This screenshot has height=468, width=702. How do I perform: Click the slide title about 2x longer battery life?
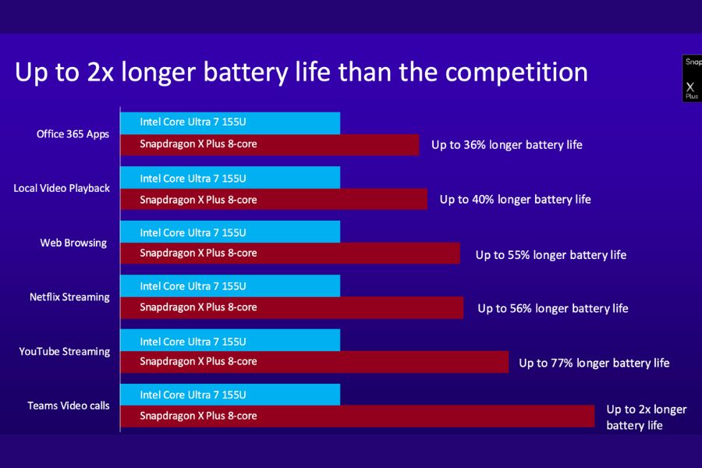pyautogui.click(x=301, y=73)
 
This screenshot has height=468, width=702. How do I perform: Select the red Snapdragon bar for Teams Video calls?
pyautogui.click(x=357, y=416)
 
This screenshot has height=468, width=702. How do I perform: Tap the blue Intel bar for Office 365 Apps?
pyautogui.click(x=230, y=122)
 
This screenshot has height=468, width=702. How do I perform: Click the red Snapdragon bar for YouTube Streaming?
pyautogui.click(x=314, y=362)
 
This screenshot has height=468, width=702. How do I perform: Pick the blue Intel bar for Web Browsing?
pyautogui.click(x=230, y=232)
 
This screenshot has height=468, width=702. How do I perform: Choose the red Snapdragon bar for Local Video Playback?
pyautogui.click(x=274, y=200)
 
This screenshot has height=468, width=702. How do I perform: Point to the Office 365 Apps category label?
pyautogui.click(x=73, y=134)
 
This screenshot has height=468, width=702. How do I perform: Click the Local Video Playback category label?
pyautogui.click(x=62, y=189)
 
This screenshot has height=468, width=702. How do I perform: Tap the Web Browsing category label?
pyautogui.click(x=73, y=243)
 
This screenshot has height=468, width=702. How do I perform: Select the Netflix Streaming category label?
pyautogui.click(x=69, y=297)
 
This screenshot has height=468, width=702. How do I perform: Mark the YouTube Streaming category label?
pyautogui.click(x=65, y=352)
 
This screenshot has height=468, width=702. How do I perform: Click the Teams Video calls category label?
pyautogui.click(x=69, y=406)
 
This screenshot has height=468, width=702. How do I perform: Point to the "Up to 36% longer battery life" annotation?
pyautogui.click(x=507, y=145)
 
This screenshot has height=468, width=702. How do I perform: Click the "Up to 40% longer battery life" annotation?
pyautogui.click(x=515, y=200)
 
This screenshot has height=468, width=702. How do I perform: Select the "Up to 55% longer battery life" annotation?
pyautogui.click(x=551, y=255)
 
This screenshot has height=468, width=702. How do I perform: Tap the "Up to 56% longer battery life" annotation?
pyautogui.click(x=553, y=309)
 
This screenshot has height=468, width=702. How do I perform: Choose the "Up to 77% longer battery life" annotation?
pyautogui.click(x=594, y=363)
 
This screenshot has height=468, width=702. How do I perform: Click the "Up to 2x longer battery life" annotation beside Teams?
pyautogui.click(x=646, y=417)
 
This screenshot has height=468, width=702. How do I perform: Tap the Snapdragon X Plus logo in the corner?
pyautogui.click(x=692, y=78)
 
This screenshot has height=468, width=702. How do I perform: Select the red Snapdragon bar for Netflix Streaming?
pyautogui.click(x=292, y=307)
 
